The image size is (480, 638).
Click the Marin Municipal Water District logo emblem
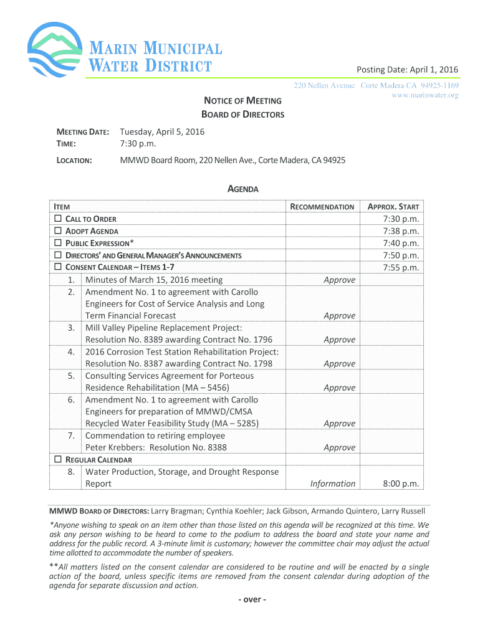tap(55, 49)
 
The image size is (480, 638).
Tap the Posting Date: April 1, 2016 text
tap(407, 69)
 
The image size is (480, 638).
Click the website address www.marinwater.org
tap(425, 95)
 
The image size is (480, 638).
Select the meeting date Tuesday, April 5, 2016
tap(162, 132)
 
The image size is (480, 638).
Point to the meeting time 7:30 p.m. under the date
tap(138, 144)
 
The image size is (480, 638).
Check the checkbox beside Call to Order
tap(58, 219)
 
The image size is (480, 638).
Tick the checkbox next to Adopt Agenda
tap(58, 231)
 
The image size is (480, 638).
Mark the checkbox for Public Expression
tap(58, 243)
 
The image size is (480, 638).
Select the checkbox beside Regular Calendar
tap(58, 459)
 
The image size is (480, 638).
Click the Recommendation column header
tap(322, 207)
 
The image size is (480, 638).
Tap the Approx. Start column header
tap(393, 207)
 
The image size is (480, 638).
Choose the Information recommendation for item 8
tap(333, 483)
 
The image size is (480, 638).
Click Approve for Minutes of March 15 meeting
tap(340, 280)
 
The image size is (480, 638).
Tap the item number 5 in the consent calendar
tap(72, 376)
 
